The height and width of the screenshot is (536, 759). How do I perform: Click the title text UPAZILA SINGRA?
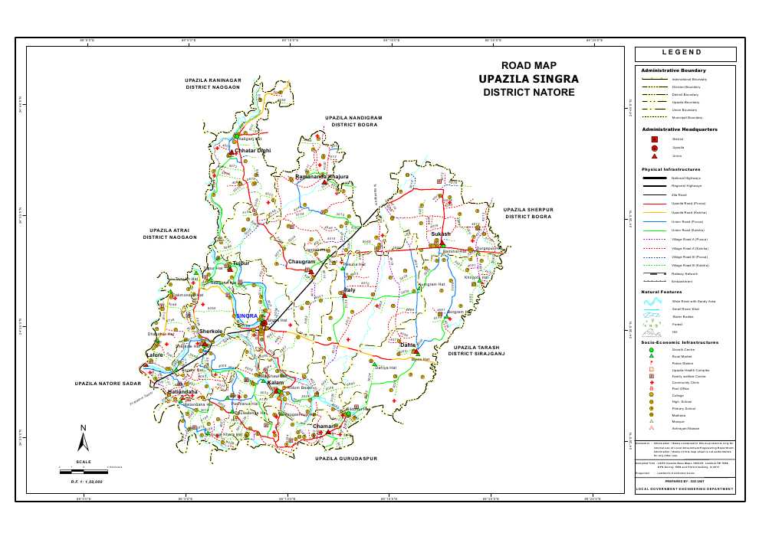point(528,79)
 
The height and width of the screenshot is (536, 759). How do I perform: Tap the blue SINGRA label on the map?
point(247,315)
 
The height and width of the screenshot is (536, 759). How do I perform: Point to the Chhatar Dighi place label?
point(254,151)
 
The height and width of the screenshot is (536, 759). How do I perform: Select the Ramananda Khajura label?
point(322,177)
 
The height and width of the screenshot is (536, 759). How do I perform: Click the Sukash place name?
point(441,234)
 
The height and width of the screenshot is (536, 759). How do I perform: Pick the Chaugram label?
point(301,262)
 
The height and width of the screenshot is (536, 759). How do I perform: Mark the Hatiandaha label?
point(183,392)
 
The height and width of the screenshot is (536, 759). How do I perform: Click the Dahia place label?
point(408,345)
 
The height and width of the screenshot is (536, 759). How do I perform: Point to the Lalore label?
point(156,356)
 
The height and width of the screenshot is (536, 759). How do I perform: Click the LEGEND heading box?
point(685,54)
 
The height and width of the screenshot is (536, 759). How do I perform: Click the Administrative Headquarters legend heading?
point(679,130)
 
